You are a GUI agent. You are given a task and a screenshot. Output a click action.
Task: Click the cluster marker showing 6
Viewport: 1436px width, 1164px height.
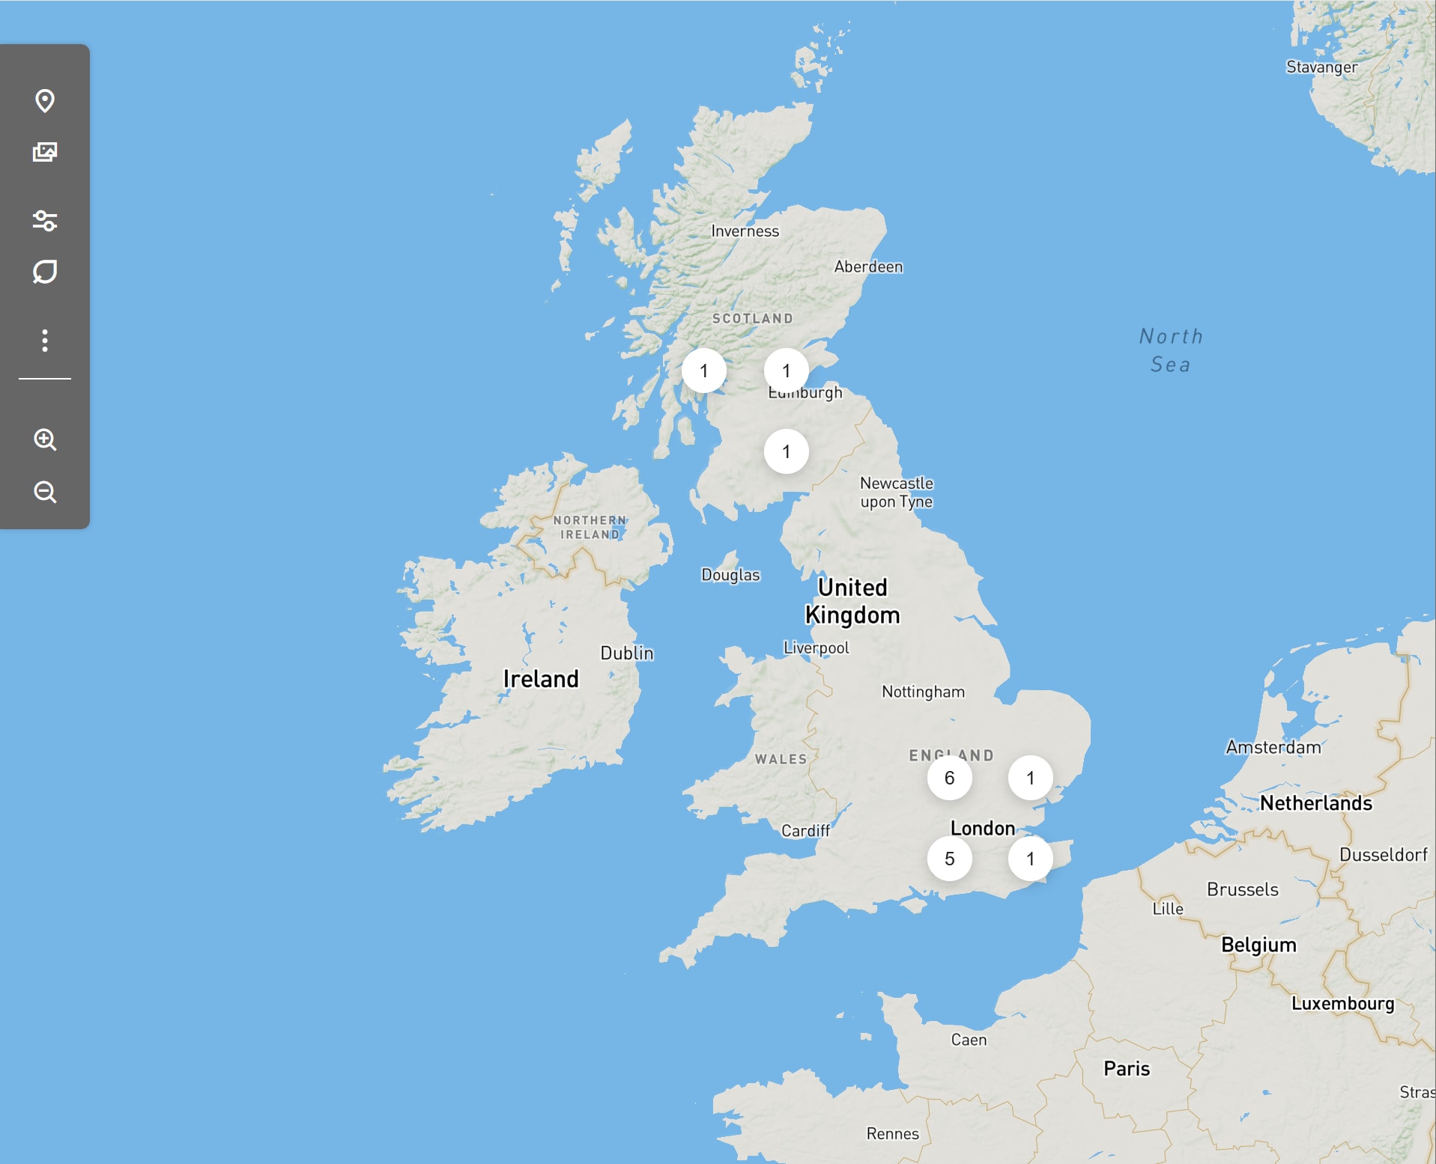pyautogui.click(x=949, y=778)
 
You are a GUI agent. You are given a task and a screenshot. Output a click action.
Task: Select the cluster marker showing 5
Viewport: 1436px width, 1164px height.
pyautogui.click(x=949, y=859)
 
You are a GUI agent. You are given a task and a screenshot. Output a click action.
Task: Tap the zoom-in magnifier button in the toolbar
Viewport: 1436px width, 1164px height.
pyautogui.click(x=45, y=439)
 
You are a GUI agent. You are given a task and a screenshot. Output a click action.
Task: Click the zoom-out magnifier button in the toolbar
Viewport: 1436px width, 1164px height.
pyautogui.click(x=45, y=492)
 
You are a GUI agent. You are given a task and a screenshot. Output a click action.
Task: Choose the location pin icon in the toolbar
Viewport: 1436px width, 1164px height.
pyautogui.click(x=45, y=100)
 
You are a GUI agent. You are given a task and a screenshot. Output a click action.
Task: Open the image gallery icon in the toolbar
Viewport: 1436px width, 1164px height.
pyautogui.click(x=45, y=152)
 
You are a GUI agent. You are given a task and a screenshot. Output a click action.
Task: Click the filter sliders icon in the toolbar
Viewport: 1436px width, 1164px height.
pyautogui.click(x=45, y=221)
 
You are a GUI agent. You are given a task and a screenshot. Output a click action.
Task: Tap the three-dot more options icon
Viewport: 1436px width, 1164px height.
pyautogui.click(x=45, y=341)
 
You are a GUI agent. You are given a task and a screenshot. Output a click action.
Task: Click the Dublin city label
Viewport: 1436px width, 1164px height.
pyautogui.click(x=626, y=653)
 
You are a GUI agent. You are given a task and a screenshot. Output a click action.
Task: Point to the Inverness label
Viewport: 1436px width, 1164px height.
pyautogui.click(x=745, y=231)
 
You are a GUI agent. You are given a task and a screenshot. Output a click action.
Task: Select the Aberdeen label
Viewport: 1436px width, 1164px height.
pyautogui.click(x=868, y=266)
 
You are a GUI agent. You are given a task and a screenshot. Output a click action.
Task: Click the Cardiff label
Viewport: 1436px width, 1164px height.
pyautogui.click(x=805, y=831)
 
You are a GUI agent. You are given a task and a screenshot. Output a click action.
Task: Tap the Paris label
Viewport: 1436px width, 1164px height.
pyautogui.click(x=1126, y=1068)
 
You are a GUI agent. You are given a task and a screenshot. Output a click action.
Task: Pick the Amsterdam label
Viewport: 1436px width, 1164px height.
pyautogui.click(x=1273, y=747)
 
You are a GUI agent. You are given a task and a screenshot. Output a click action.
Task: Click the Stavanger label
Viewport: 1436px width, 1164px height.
pyautogui.click(x=1321, y=67)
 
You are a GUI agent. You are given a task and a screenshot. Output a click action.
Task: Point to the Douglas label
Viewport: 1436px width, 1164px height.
pyautogui.click(x=730, y=575)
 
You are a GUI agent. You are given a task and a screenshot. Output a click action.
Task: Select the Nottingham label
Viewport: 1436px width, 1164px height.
pyautogui.click(x=923, y=692)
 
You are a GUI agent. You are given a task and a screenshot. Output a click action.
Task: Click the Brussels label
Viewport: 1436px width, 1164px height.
pyautogui.click(x=1242, y=889)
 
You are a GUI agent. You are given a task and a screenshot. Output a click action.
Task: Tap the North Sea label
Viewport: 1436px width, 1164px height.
pyautogui.click(x=1171, y=350)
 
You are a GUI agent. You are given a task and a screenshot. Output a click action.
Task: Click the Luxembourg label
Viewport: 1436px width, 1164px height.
pyautogui.click(x=1342, y=1003)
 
